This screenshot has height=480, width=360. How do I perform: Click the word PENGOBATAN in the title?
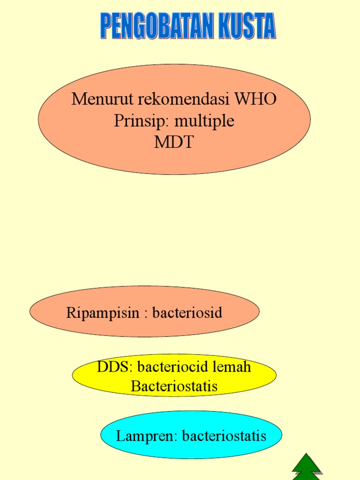click(150, 26)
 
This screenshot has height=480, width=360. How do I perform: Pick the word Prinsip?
click(142, 121)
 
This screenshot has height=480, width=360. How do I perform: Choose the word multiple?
click(204, 122)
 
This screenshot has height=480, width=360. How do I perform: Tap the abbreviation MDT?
click(173, 142)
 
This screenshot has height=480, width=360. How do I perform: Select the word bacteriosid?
click(187, 313)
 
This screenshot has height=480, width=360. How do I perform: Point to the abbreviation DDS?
click(115, 367)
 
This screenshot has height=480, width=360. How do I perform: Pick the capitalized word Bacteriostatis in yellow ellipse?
click(174, 387)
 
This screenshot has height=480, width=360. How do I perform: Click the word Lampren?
click(147, 436)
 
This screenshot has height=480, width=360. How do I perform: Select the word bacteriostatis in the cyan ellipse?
click(224, 436)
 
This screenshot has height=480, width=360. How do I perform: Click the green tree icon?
click(306, 467)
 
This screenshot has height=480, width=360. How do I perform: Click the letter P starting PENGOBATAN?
click(106, 26)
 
